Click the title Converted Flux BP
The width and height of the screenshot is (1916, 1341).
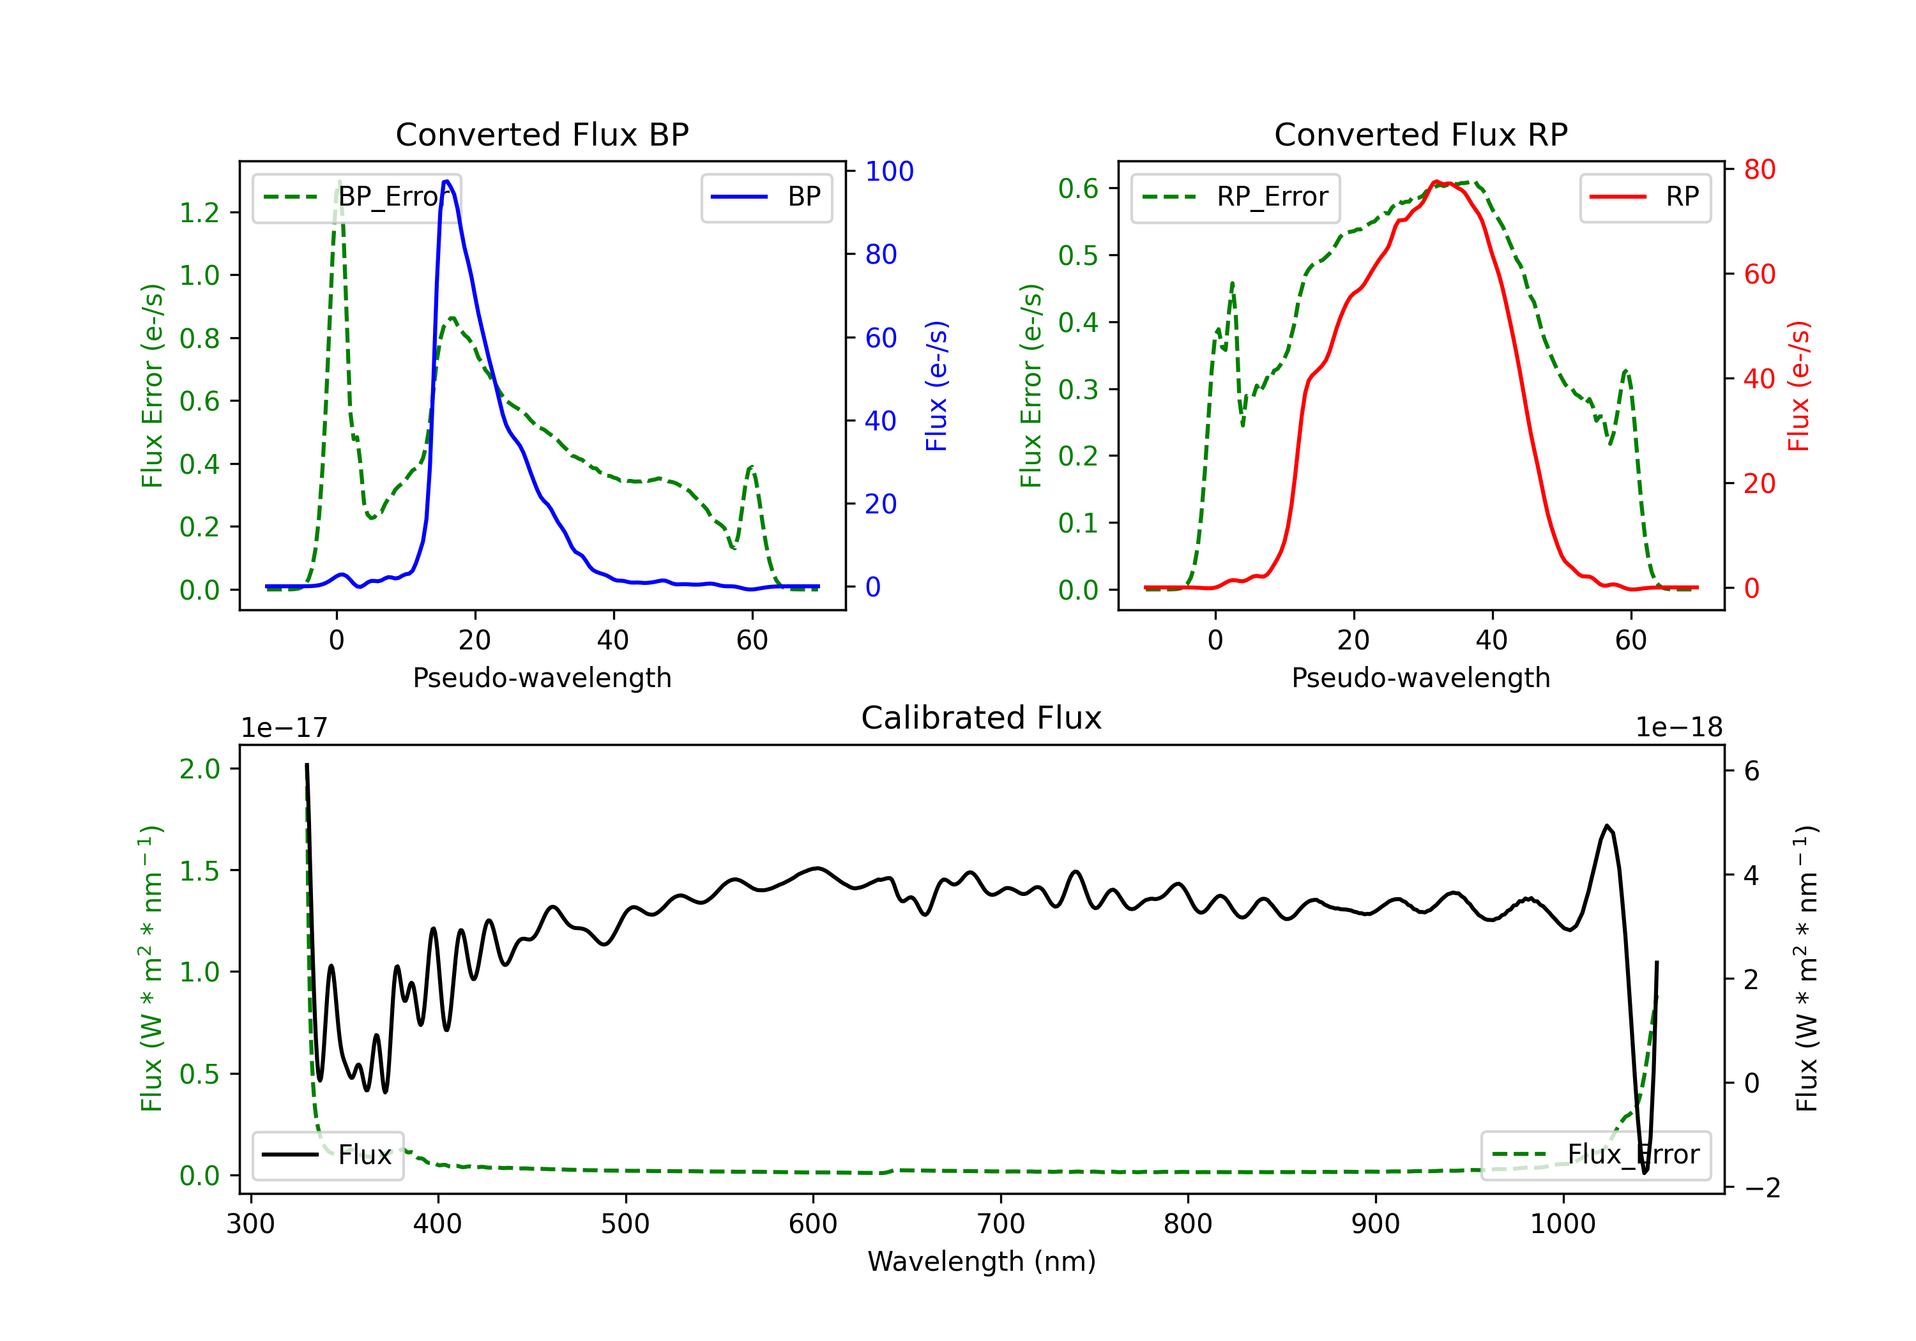point(542,134)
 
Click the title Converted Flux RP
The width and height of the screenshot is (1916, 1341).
point(1420,134)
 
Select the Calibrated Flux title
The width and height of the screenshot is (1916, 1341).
point(982,718)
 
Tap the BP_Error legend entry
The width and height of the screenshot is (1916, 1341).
point(357,197)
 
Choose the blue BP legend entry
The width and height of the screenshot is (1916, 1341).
point(766,197)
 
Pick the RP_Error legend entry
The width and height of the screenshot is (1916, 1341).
point(1235,197)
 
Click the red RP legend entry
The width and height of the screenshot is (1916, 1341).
point(1645,197)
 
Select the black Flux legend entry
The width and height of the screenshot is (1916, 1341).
point(327,1155)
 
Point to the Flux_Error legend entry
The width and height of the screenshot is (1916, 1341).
point(1595,1155)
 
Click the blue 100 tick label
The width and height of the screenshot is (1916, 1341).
point(889,171)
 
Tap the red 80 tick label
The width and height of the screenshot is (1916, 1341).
point(1759,169)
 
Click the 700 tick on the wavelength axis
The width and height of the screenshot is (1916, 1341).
point(1001,1224)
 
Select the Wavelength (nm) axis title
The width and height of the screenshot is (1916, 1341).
point(982,1262)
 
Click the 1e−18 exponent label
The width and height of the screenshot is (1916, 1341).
point(1678,728)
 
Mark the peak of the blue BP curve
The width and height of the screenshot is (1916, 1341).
point(447,181)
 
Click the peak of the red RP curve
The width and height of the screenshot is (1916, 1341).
point(1435,182)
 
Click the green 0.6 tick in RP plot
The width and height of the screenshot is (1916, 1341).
point(1078,188)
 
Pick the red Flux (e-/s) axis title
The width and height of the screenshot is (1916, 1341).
point(1798,386)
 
